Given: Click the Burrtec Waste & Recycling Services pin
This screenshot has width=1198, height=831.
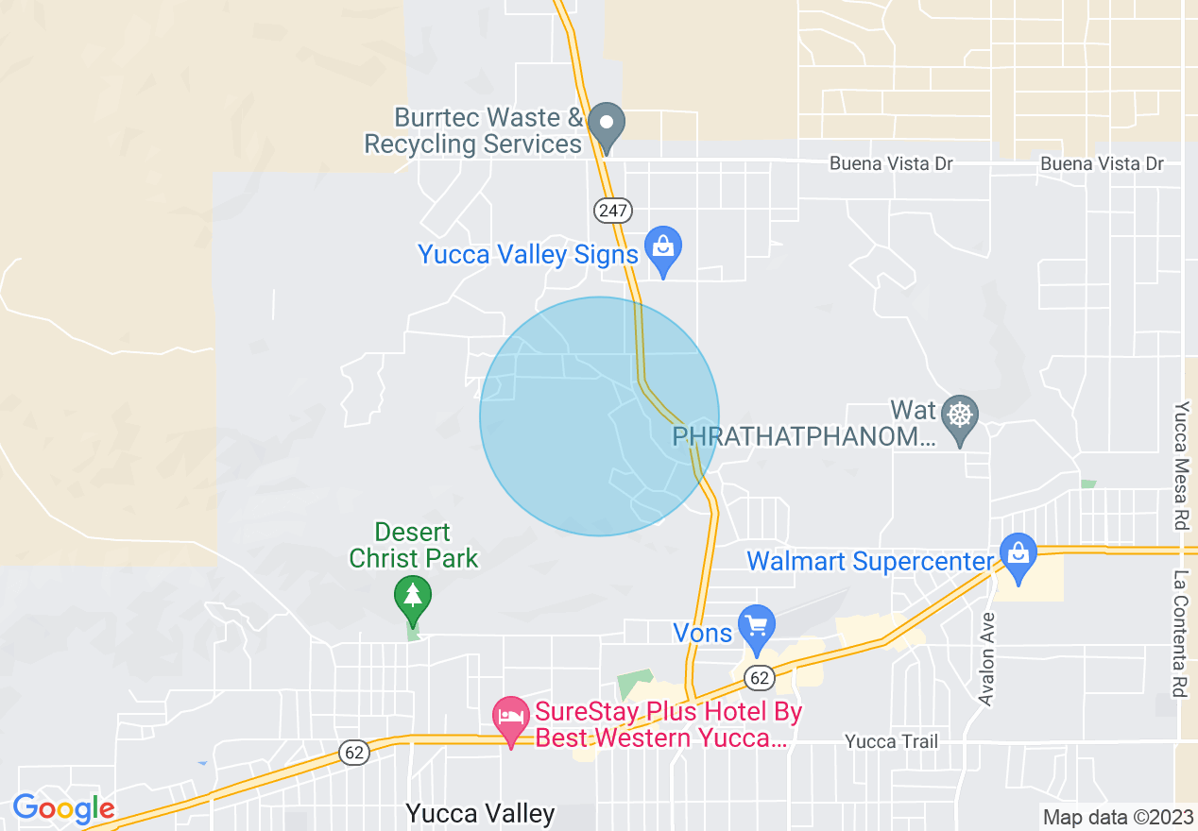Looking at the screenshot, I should pos(607,124).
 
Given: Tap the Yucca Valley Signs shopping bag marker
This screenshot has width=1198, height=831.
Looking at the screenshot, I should pos(663,247).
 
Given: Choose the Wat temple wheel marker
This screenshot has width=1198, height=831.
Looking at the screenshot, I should pos(960,415).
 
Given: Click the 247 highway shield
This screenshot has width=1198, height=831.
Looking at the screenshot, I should pos(613,210).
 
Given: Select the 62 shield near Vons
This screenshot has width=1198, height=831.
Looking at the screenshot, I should pos(759,677).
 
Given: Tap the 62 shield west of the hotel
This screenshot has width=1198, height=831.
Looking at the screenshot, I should pos(354,753).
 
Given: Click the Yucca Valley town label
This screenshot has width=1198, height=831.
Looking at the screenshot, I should pos(480,813).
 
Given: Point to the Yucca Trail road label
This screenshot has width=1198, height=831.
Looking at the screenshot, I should pos(891,741).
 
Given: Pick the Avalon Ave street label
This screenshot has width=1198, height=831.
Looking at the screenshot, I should pos(987,659).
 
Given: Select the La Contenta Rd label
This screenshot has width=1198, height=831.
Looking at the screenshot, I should pos(1179,633).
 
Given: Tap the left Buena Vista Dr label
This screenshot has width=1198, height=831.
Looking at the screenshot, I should pos(891,163).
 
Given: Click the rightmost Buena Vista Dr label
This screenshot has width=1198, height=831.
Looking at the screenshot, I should pos(1102,163).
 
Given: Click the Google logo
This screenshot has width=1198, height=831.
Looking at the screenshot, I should pos(63,808).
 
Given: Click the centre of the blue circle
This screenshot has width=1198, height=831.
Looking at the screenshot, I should pos(599,416).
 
